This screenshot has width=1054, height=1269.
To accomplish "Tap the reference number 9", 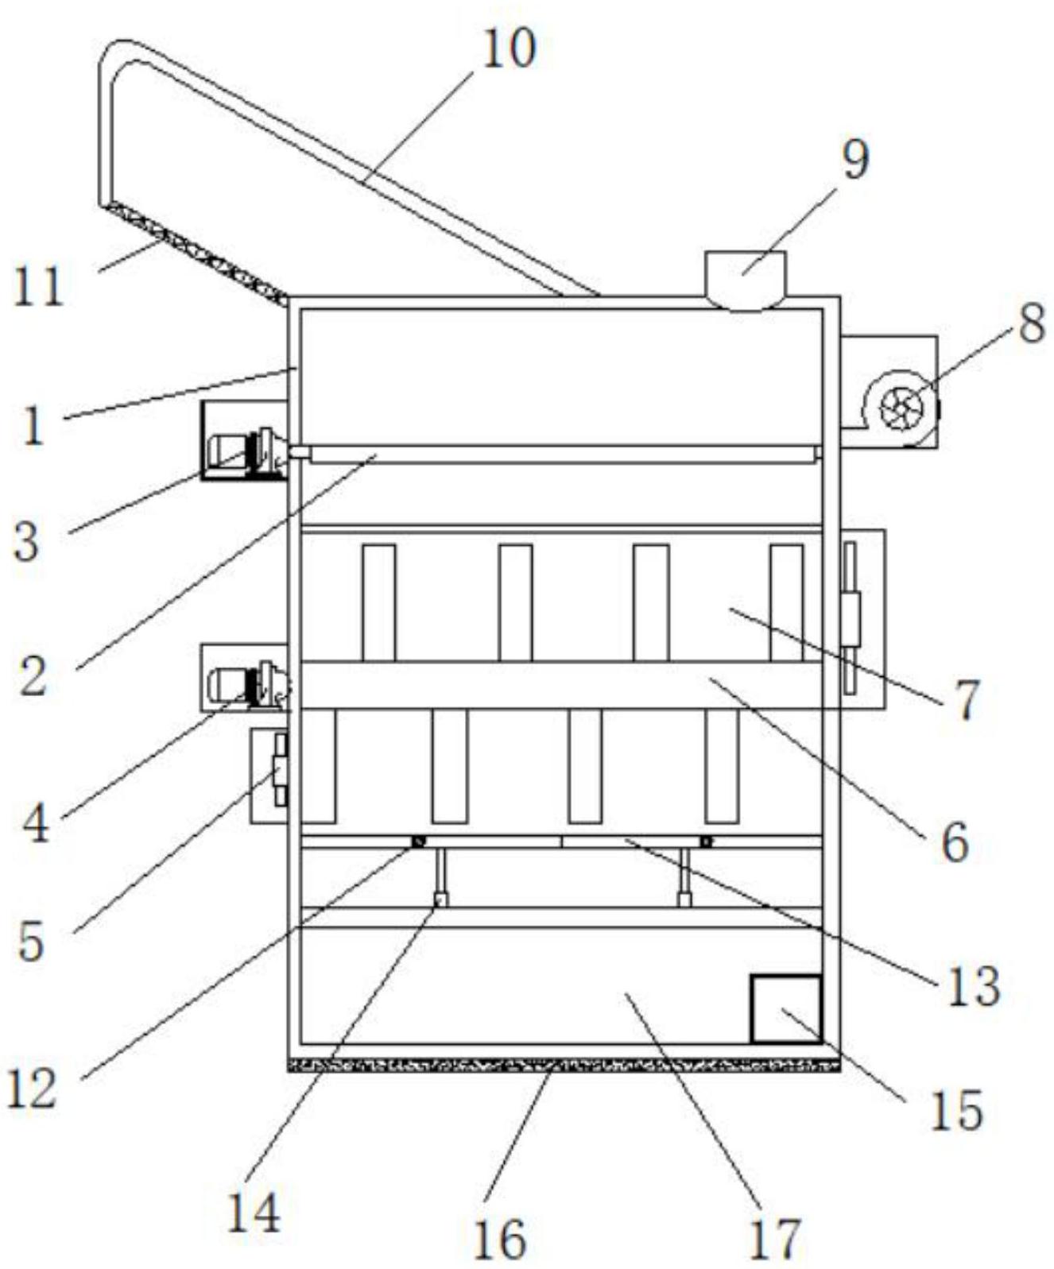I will coord(855,161).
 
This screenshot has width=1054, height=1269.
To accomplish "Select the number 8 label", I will coord(1031,324).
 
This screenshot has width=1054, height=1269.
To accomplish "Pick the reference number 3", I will coord(26,543).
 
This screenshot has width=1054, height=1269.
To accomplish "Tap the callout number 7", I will coord(966,700).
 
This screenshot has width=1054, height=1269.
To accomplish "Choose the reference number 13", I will coord(972,986).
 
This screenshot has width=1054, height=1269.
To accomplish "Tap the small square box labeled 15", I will coord(786,1009).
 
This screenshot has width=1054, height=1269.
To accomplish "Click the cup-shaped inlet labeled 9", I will coord(746,280).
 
